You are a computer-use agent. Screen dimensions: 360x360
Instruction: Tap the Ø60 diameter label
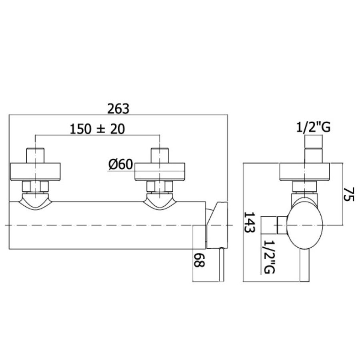[121, 164]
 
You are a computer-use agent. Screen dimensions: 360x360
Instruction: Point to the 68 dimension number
[198, 260]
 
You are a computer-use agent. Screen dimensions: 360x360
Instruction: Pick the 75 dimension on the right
[349, 194]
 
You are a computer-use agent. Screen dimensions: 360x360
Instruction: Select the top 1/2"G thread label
[313, 127]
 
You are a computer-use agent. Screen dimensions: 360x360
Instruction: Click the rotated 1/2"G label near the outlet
[269, 257]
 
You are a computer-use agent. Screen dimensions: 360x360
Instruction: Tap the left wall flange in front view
[36, 172]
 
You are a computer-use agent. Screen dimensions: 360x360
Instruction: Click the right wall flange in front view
[160, 172]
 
